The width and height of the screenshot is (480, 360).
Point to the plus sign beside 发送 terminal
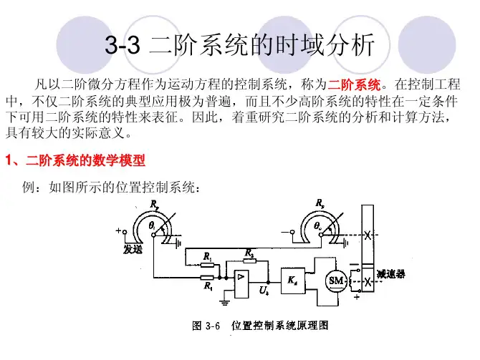[x=118, y=231]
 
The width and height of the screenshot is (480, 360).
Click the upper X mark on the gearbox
[x=368, y=238]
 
